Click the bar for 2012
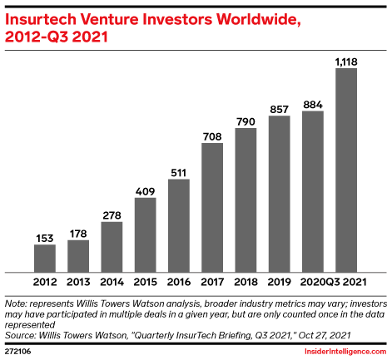pyautogui.click(x=45, y=258)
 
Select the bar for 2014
pyautogui.click(x=112, y=246)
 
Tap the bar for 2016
pyautogui.click(x=179, y=225)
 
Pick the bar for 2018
pyautogui.click(x=246, y=200)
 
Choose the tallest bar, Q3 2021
pyautogui.click(x=346, y=170)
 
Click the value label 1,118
pyautogui.click(x=346, y=61)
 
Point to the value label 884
pyautogui.click(x=313, y=104)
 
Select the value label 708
pyautogui.click(x=212, y=136)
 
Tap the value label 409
pyautogui.click(x=145, y=190)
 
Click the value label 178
pyautogui.click(x=78, y=233)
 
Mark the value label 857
pyautogui.click(x=280, y=109)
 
